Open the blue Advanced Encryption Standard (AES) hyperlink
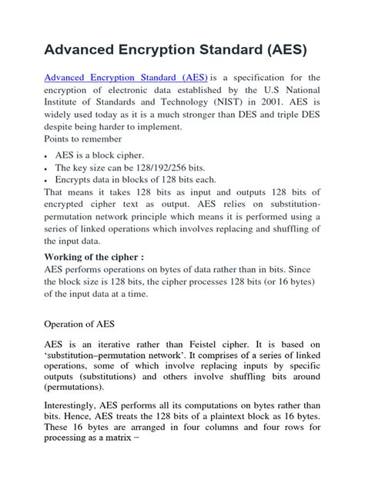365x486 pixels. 126,78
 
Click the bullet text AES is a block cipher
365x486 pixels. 100,155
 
